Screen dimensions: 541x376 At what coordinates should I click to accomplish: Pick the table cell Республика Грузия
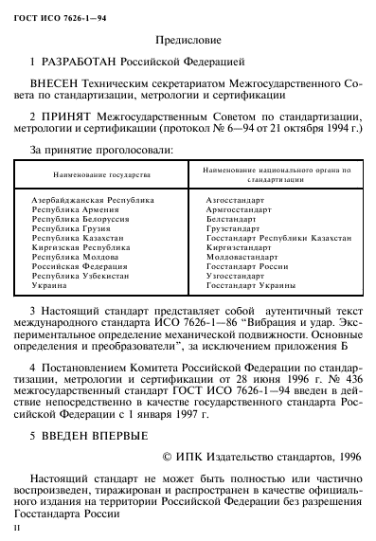click(73, 228)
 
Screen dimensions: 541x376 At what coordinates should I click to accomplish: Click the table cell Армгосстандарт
click(238, 210)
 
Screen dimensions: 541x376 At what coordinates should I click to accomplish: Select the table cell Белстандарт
click(231, 220)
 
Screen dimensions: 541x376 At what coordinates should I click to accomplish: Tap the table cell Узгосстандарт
click(236, 276)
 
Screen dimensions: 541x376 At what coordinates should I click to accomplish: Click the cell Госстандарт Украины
click(251, 285)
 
